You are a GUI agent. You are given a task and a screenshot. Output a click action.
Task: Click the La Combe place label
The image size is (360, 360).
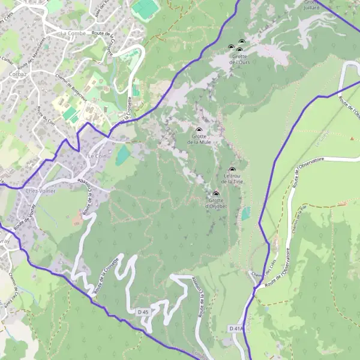coord(73,34)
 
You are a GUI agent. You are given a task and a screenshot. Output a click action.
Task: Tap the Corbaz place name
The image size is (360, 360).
coord(16,74)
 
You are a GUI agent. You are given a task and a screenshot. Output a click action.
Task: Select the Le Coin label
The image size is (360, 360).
coord(97,155)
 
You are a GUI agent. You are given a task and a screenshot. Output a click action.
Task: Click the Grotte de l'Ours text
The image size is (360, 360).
coord(239,59)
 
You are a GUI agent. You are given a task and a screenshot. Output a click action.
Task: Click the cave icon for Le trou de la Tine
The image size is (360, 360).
coord(232,170)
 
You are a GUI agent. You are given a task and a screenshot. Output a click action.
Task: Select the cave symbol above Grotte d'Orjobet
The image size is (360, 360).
coord(216,194)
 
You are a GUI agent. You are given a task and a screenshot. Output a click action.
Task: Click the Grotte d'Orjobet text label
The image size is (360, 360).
coord(215,203)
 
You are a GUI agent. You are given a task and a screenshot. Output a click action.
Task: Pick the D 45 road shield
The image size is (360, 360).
coord(142,313)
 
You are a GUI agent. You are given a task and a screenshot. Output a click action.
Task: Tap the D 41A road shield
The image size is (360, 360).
coord(236,329)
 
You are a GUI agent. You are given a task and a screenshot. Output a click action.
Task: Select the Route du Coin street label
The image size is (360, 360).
coord(46,116)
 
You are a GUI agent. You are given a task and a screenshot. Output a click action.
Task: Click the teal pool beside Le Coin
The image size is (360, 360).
coord(123,155)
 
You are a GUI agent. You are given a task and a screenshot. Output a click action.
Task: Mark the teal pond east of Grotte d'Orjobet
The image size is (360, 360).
coord(247,213)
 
